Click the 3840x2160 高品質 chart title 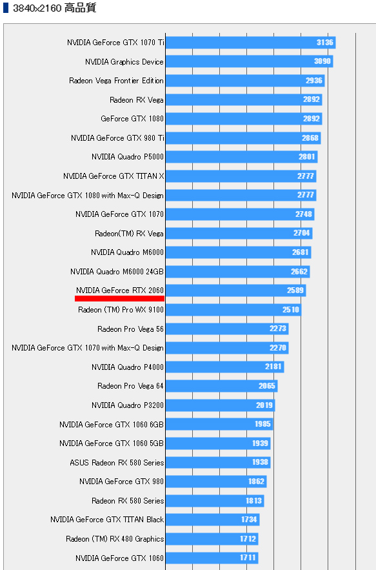[54, 8]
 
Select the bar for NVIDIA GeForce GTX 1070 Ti [250, 43]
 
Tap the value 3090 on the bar [322, 61]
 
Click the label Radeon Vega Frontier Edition [116, 81]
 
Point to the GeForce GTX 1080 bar [244, 119]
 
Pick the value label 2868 [310, 137]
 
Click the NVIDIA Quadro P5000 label [128, 157]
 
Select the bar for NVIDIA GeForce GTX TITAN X [241, 176]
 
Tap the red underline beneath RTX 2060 [119, 298]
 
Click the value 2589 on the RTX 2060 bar [295, 290]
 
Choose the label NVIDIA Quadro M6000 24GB [117, 272]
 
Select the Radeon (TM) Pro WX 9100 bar [233, 310]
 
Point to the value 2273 [278, 329]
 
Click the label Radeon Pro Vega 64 [130, 386]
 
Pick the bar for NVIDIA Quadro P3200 [220, 405]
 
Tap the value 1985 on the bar [262, 424]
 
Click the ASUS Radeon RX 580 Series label [117, 463]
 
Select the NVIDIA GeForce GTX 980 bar [216, 482]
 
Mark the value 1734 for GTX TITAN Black [249, 520]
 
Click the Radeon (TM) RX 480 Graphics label [115, 539]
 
